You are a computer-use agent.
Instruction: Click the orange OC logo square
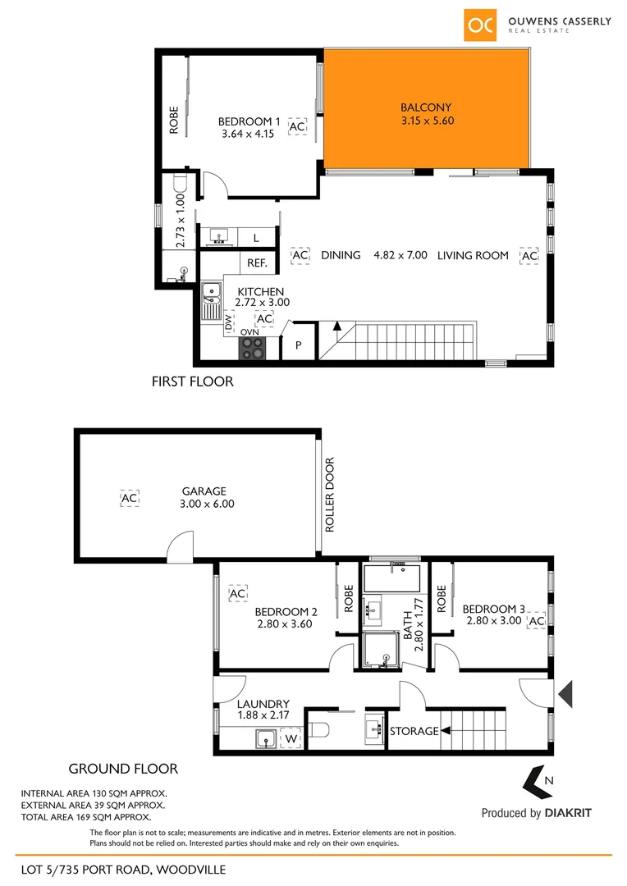[481, 25]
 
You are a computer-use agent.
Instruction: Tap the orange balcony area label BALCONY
[426, 107]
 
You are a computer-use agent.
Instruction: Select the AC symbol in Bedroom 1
[297, 127]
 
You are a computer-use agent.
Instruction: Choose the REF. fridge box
[257, 263]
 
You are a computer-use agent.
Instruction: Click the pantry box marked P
[299, 346]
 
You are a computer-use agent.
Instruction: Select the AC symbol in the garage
[129, 498]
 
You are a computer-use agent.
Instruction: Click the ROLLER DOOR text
[330, 495]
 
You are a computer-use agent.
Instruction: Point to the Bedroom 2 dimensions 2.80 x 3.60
[286, 624]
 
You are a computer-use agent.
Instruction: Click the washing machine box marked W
[291, 739]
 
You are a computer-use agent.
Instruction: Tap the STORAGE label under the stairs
[414, 731]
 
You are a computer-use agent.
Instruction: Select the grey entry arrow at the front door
[565, 694]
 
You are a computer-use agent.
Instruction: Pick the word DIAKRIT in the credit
[567, 813]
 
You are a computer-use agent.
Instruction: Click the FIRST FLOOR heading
[193, 381]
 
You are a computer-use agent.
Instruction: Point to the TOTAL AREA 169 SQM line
[85, 817]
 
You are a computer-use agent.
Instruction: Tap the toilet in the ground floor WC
[321, 730]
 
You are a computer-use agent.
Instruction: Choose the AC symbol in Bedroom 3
[537, 622]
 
